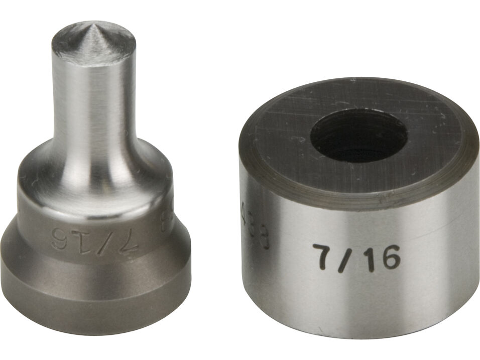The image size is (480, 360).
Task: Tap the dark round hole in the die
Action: point(358,136)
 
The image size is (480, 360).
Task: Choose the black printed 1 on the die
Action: point(367,259)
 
